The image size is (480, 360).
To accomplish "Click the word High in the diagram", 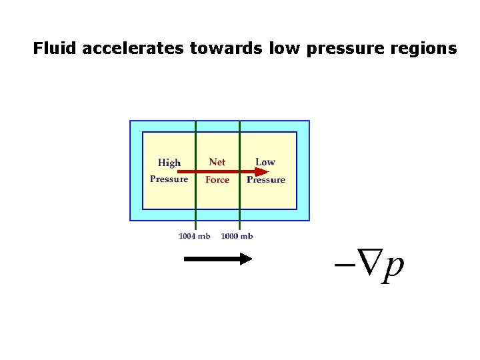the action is (x=169, y=162).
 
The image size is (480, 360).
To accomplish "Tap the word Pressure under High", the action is (x=169, y=179).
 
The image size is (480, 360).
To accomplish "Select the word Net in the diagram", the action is (x=217, y=161).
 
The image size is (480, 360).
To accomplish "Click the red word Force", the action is (x=217, y=179).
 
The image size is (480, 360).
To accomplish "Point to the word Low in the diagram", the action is (x=265, y=161).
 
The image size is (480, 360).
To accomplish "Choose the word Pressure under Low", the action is (x=266, y=179).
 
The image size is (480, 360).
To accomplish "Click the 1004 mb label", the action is (x=195, y=236).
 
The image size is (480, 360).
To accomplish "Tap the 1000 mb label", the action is (x=237, y=236).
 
